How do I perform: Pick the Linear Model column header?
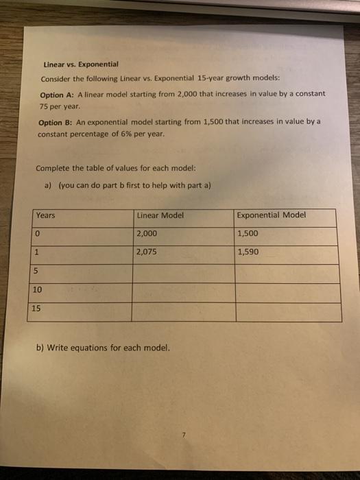pos(160,215)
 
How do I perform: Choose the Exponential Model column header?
pos(272,215)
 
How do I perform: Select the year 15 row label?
pos(37,309)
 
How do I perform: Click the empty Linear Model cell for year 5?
pos(183,274)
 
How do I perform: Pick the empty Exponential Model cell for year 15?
pos(287,313)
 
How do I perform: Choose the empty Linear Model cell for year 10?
pos(183,293)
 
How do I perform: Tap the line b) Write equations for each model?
pos(102,348)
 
